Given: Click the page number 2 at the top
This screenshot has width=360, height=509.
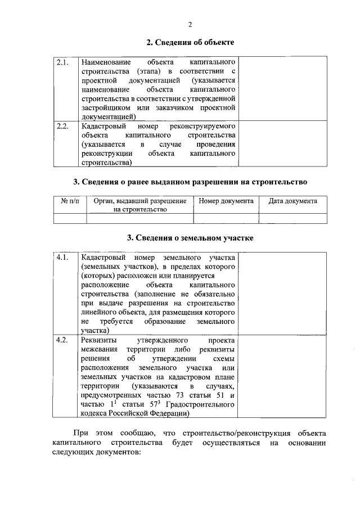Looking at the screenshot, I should point(190,24).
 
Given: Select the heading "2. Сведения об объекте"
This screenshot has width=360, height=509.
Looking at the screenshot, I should point(190,42).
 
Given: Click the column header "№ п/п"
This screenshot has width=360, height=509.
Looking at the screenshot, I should point(70,201).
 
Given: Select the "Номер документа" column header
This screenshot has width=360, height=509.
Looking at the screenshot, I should point(226,201).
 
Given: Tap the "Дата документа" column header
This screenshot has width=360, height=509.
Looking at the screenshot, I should point(292,201).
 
